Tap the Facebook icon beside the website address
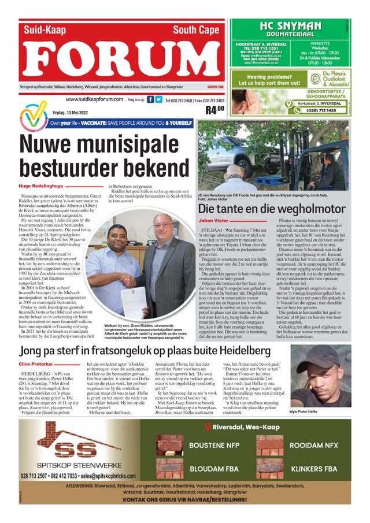(150, 99)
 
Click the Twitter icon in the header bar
(158, 99)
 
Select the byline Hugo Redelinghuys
(41, 186)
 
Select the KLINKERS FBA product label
(313, 469)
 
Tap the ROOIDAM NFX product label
(314, 446)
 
